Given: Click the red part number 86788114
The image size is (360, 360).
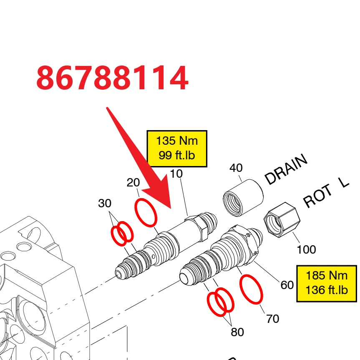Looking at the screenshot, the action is pos(113,77).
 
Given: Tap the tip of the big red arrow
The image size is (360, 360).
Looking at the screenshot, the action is pos(171,209).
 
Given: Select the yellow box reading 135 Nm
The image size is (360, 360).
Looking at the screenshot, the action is pos(177,149).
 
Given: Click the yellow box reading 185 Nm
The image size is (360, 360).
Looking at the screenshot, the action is pos(327,283).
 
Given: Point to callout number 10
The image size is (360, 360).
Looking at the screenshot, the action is pos(176,174).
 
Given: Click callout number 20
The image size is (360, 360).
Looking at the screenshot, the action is pos(133,183).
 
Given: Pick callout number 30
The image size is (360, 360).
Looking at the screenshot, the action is pos(105,203).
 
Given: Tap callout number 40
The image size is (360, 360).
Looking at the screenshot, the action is pos(236,168).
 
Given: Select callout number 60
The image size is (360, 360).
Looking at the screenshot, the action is pos(287,285).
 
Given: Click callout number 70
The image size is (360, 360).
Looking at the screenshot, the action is pos(273,319).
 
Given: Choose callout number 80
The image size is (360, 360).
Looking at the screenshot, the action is pos(237,332).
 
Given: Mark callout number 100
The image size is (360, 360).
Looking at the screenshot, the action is pos(306,249).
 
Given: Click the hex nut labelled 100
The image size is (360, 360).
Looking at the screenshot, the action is pos(282,220).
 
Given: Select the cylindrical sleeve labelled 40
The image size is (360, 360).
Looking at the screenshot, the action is pos(243,198).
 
